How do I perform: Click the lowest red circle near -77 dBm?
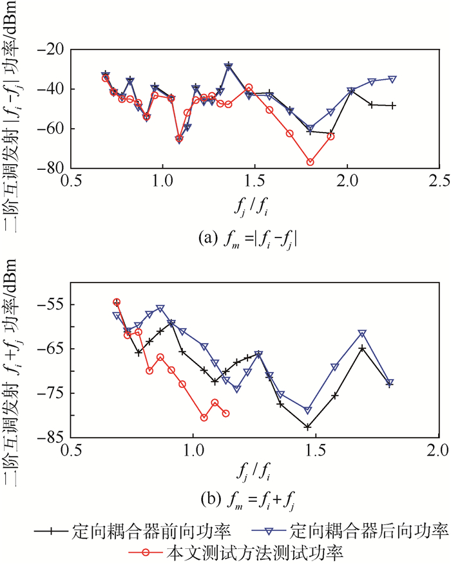point(310,162)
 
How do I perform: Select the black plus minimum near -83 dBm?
point(308,427)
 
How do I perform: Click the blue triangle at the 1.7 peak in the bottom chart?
point(362,333)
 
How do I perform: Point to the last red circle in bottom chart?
point(225,413)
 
